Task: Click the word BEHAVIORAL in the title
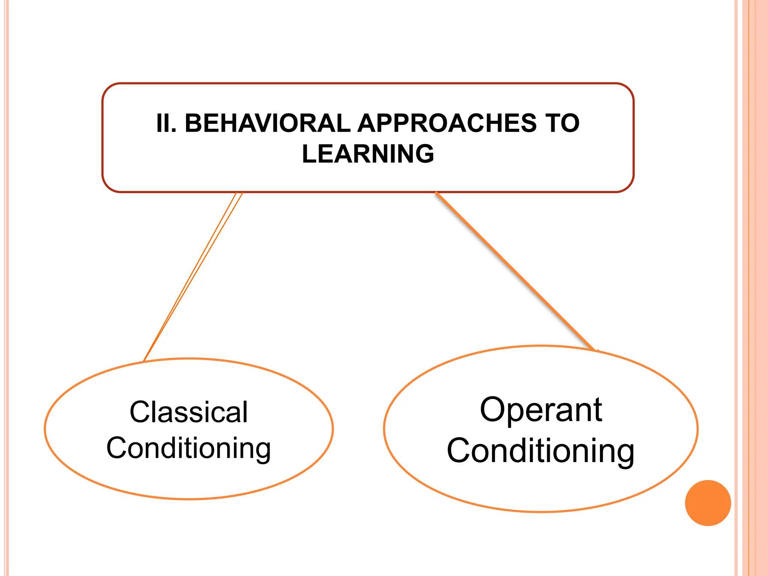pos(268,123)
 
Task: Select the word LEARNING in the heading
pos(368,154)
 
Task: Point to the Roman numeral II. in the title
pos(166,123)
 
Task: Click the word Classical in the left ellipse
pos(189,412)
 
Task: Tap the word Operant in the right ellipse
pos(541,409)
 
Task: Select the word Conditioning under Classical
pos(189,448)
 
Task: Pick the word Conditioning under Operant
pos(541,451)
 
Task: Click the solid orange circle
pos(708,503)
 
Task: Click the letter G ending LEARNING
pos(423,154)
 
